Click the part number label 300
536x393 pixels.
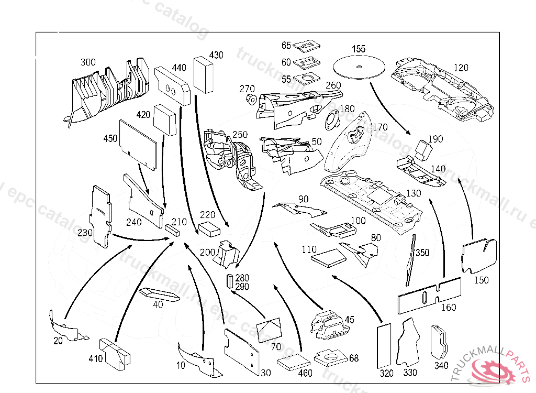(x=88, y=62)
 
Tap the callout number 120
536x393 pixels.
(x=461, y=68)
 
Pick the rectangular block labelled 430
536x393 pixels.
(x=204, y=76)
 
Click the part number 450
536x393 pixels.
(x=110, y=138)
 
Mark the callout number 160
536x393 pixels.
(x=449, y=308)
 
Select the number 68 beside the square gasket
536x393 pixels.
(x=354, y=358)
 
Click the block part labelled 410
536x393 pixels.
(x=115, y=352)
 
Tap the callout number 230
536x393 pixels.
(x=84, y=232)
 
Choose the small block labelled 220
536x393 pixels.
(x=209, y=228)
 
